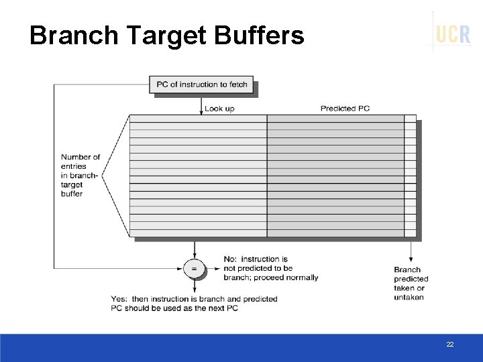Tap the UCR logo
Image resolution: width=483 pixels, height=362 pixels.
[453, 34]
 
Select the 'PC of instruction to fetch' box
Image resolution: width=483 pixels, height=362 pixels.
[201, 84]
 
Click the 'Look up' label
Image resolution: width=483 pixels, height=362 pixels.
[219, 109]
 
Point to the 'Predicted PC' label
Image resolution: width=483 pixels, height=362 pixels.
[345, 109]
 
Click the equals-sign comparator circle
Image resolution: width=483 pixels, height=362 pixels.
[194, 269]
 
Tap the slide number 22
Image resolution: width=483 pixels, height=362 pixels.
[450, 344]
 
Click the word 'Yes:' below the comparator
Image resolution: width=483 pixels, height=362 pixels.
[119, 299]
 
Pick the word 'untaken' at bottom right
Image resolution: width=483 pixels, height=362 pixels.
[409, 298]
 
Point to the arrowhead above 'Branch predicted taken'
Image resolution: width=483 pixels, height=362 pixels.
[411, 259]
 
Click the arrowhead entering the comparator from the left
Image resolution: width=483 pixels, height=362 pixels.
[181, 269]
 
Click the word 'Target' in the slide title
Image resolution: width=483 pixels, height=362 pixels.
[167, 35]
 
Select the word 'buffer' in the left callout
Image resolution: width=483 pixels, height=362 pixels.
[72, 194]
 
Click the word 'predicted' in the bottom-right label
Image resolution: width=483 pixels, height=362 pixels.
[411, 279]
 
